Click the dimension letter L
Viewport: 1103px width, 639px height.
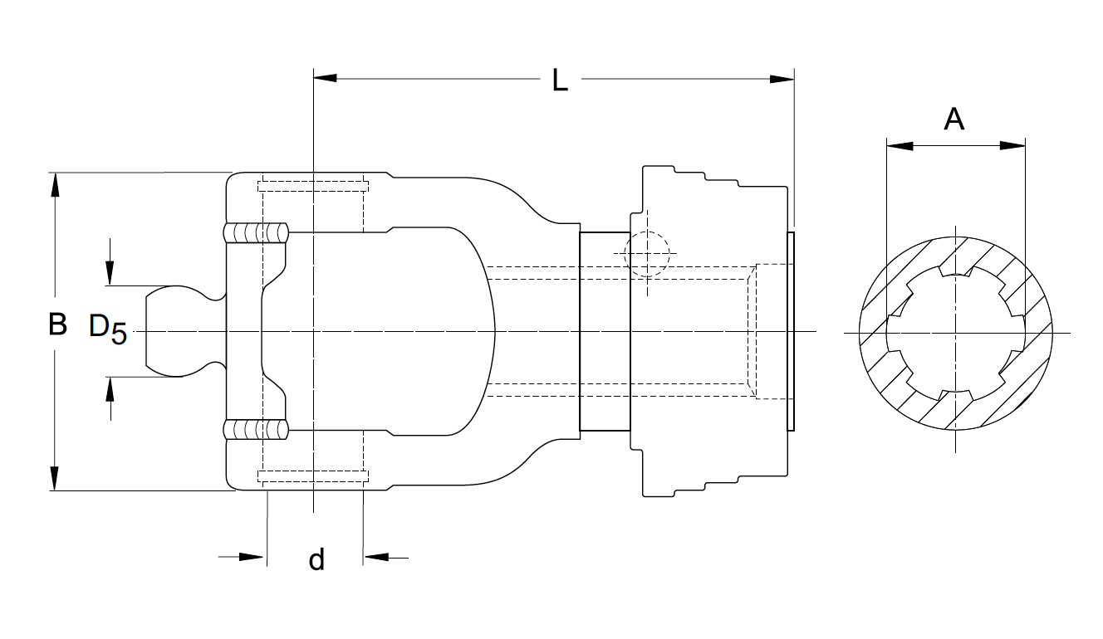click(x=560, y=80)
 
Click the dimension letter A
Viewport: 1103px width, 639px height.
click(x=954, y=120)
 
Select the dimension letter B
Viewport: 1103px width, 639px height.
click(x=57, y=324)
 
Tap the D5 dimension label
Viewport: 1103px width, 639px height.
click(x=107, y=329)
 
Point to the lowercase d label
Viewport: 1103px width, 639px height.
click(x=316, y=559)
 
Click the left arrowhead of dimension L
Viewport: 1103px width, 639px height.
click(x=325, y=78)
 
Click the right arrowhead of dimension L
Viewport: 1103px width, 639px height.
click(x=782, y=80)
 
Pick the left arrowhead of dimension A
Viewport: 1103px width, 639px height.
click(x=900, y=146)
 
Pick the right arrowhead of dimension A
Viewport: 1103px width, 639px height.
click(x=1012, y=146)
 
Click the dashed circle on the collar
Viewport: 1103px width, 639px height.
click(x=646, y=253)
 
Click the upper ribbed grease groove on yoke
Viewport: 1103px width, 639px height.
click(x=257, y=232)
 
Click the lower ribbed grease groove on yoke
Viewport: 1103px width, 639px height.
click(x=257, y=430)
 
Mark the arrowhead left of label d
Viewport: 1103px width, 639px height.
click(x=252, y=557)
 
